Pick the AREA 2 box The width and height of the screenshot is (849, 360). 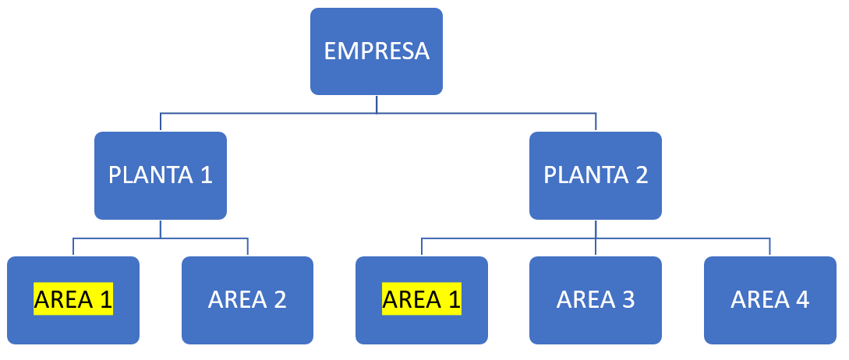(x=247, y=299)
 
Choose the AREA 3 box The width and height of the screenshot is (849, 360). (x=596, y=299)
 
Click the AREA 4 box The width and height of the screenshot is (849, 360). (x=769, y=299)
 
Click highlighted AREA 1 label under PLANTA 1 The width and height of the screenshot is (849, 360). (x=73, y=299)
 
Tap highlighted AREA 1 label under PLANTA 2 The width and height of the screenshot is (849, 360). (x=422, y=299)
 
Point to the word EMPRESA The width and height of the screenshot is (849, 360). (x=377, y=51)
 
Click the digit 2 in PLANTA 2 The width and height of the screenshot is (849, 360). (x=642, y=175)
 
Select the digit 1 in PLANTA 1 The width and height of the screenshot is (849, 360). (x=207, y=175)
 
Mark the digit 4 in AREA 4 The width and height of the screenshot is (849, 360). (x=802, y=299)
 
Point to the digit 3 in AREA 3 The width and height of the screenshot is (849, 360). (x=628, y=299)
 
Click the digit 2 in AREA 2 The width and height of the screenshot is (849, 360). (x=280, y=299)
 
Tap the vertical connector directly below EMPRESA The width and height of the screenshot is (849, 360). (x=377, y=104)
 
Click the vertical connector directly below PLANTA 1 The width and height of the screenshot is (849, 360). (x=161, y=228)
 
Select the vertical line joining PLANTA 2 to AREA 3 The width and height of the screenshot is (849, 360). (x=596, y=238)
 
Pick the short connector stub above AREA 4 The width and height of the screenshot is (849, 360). (x=769, y=246)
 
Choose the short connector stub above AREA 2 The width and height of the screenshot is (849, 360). (x=247, y=246)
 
